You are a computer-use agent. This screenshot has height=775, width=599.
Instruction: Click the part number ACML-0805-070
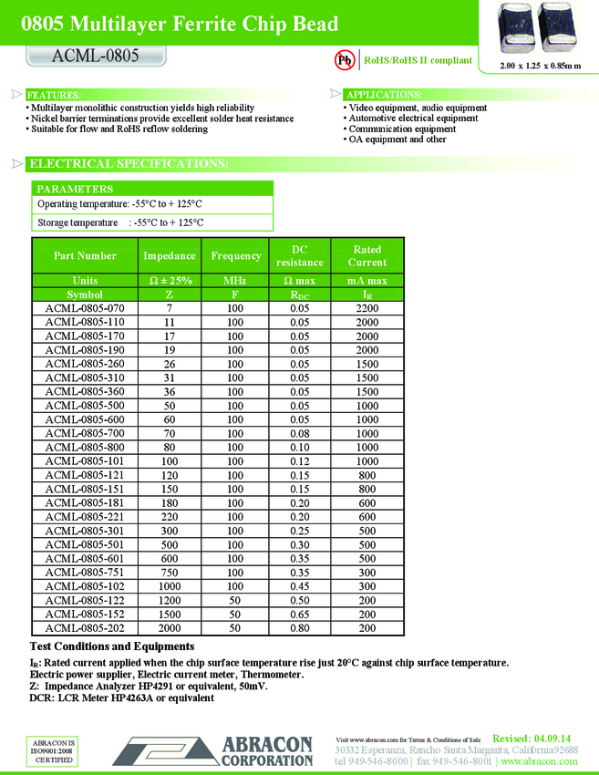(85, 308)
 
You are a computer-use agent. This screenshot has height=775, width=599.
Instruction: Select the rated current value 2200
(367, 308)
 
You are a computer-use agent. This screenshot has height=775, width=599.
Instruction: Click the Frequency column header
(236, 256)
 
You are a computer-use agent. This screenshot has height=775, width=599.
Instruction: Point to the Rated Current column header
(367, 256)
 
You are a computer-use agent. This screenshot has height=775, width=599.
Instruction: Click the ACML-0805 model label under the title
(95, 57)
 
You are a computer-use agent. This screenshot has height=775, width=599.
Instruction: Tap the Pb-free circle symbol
(346, 60)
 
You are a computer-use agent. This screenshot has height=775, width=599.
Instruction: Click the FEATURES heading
(54, 95)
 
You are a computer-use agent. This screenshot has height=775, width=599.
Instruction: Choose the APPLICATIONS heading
(384, 95)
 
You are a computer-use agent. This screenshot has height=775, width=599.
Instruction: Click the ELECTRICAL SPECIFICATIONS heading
(128, 164)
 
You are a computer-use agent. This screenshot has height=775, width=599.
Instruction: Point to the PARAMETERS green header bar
(152, 189)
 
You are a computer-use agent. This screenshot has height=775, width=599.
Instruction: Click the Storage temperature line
(120, 222)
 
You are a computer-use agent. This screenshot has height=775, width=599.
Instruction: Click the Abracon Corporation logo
(212, 751)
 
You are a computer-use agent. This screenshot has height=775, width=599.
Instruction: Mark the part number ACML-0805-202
(85, 628)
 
